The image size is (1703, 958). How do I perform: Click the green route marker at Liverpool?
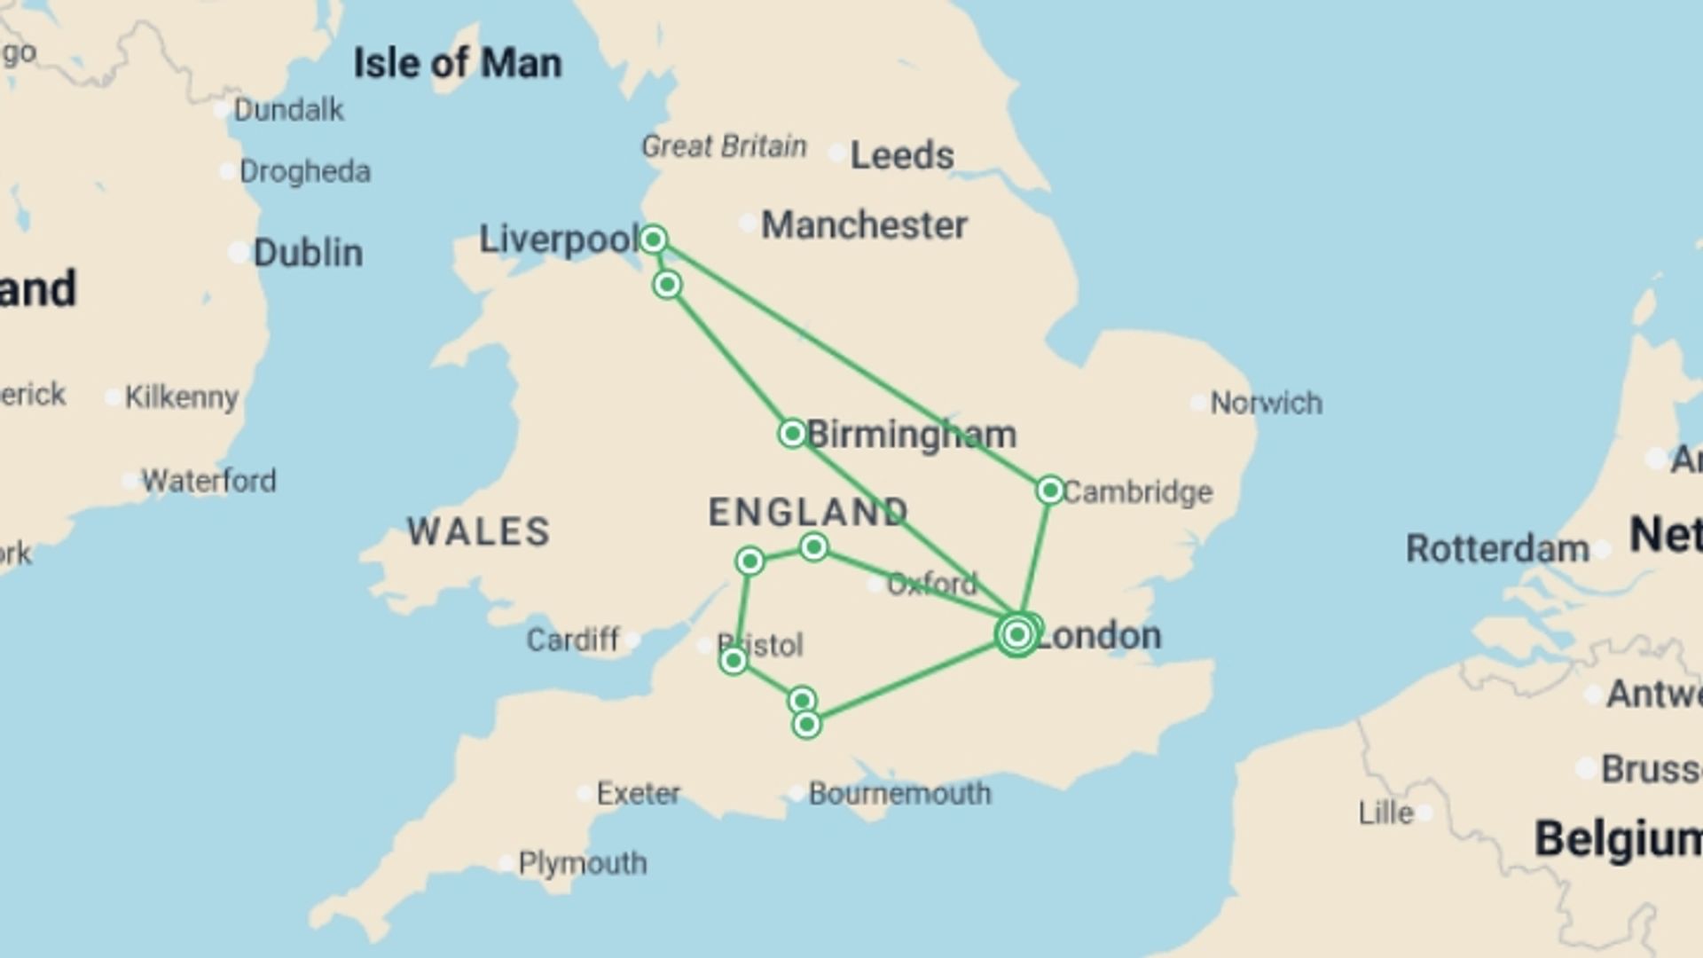click(x=654, y=239)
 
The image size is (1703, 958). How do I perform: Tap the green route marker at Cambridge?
click(x=1050, y=490)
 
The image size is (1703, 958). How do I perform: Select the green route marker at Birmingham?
click(x=792, y=433)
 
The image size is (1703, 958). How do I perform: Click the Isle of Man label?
click(x=458, y=63)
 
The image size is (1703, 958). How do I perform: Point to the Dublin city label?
click(x=308, y=253)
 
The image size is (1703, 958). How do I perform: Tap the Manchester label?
click(x=864, y=224)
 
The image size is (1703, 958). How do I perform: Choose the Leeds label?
click(x=902, y=155)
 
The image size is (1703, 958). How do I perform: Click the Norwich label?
click(x=1266, y=403)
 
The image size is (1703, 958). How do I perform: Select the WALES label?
click(x=479, y=531)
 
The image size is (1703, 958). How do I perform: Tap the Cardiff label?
click(x=573, y=640)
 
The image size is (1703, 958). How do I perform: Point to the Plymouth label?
click(x=583, y=862)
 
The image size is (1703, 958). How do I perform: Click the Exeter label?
click(x=638, y=792)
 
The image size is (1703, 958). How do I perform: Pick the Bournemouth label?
click(x=899, y=792)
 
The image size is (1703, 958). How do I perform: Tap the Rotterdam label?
click(x=1497, y=548)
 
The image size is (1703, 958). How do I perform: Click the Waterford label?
click(x=208, y=481)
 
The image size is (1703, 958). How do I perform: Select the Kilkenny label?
click(x=182, y=397)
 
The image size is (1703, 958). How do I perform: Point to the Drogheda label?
click(x=305, y=171)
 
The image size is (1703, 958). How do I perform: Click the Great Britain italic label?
click(x=724, y=145)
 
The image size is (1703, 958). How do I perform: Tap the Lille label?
click(x=1385, y=813)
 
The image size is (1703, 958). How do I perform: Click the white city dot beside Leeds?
click(x=836, y=153)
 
